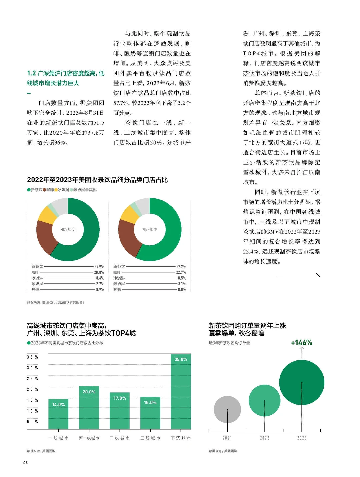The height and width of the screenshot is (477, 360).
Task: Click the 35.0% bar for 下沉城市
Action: (181, 391)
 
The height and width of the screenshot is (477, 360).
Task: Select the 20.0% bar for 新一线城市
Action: (89, 407)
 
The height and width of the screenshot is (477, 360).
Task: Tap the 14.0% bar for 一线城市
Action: (58, 414)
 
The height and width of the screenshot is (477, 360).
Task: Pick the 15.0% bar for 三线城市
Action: (150, 413)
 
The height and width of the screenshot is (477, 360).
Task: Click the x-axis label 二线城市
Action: (120, 438)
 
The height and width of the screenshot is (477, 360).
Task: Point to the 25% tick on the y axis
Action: (32, 379)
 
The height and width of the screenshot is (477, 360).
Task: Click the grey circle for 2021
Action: (227, 409)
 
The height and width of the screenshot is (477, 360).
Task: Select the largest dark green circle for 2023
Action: (302, 382)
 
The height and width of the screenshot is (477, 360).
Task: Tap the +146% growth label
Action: (302, 343)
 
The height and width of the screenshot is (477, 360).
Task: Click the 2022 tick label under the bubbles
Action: (265, 438)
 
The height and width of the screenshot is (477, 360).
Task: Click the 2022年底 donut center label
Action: (68, 230)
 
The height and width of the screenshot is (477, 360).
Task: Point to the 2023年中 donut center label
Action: (150, 230)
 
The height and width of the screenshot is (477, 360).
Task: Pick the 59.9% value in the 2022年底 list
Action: (99, 267)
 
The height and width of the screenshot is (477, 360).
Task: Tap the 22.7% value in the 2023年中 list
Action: (181, 272)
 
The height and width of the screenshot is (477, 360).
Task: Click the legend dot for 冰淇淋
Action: (56, 190)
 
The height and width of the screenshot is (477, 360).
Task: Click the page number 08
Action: (25, 463)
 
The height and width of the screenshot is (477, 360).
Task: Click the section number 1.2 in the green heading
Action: (31, 73)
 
